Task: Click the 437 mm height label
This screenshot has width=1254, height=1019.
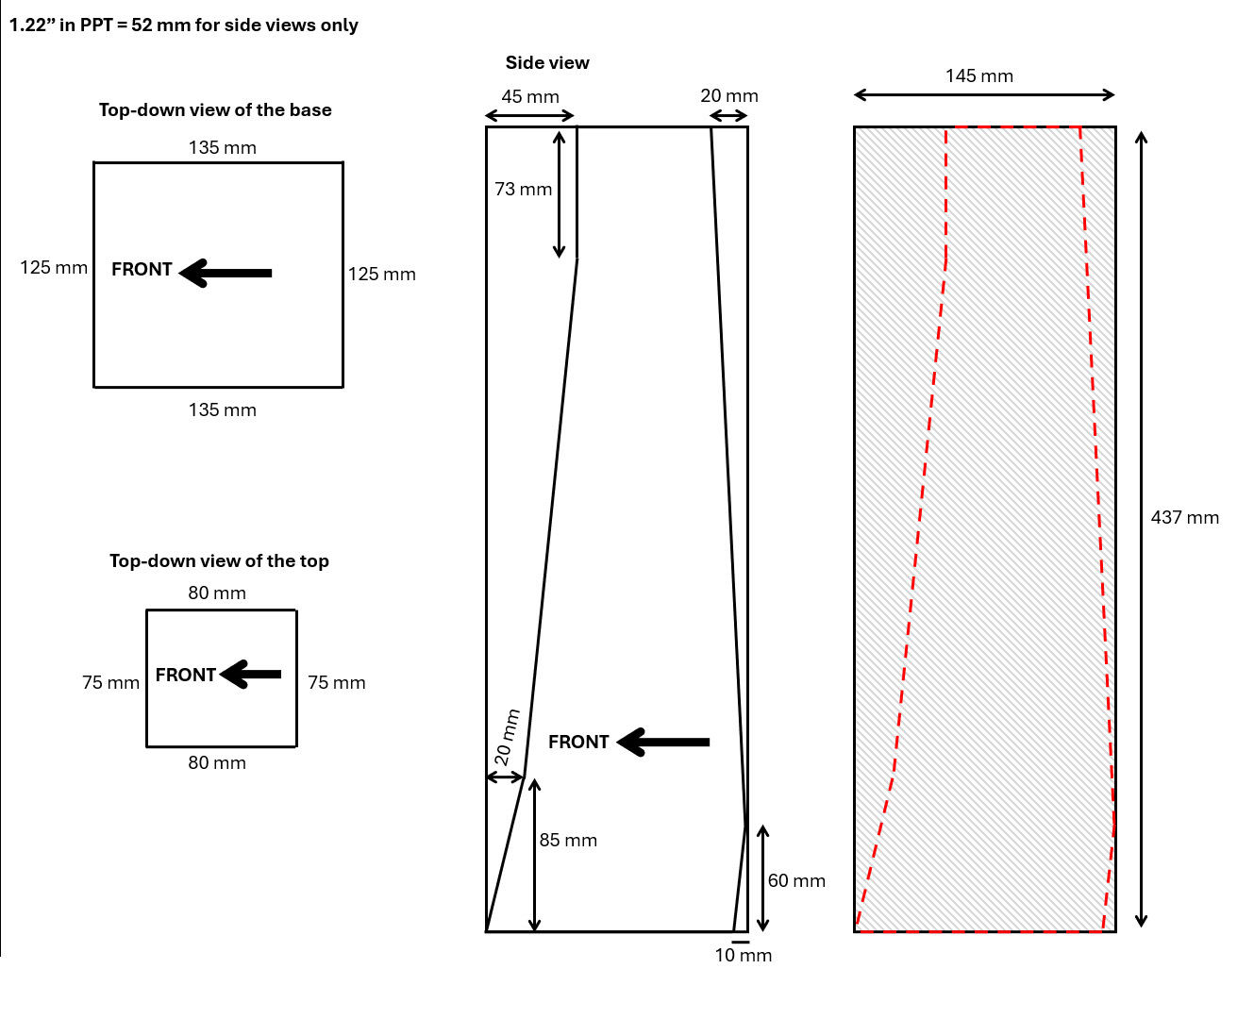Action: click(x=1184, y=517)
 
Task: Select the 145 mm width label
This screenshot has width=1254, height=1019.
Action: click(x=978, y=75)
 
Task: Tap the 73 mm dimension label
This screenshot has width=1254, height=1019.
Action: click(x=523, y=189)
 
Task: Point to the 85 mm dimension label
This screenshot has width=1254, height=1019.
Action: click(x=568, y=840)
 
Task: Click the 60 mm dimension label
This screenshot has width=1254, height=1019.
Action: click(x=796, y=880)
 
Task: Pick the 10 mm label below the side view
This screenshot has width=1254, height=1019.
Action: click(x=743, y=955)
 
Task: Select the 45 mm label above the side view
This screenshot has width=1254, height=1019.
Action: click(x=529, y=96)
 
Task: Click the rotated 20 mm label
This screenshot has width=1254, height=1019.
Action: click(x=507, y=737)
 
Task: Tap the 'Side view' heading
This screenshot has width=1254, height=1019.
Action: click(x=547, y=62)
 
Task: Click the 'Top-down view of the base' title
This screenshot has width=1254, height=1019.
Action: click(x=215, y=109)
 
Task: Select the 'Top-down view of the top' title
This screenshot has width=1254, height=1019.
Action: click(x=219, y=560)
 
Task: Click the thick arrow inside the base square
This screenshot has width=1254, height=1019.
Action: click(x=226, y=273)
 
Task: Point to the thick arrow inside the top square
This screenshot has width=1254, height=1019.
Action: click(x=251, y=674)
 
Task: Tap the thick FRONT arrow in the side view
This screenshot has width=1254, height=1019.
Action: click(x=663, y=742)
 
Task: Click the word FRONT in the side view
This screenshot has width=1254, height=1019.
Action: click(x=578, y=742)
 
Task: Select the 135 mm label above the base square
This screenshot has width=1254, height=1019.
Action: click(x=222, y=147)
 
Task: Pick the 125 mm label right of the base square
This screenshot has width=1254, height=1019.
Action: click(x=381, y=274)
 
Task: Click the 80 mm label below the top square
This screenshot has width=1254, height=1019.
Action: click(x=216, y=762)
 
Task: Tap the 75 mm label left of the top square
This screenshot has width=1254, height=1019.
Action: click(x=110, y=682)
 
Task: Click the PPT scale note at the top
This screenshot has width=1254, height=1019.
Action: click(x=184, y=25)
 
